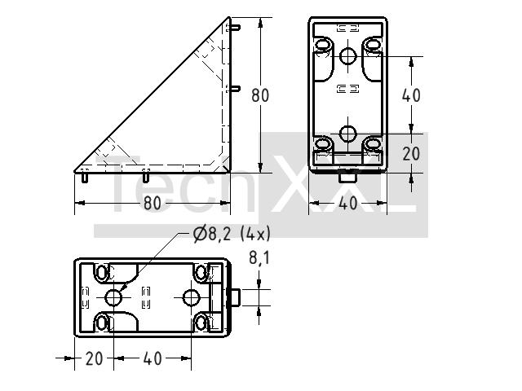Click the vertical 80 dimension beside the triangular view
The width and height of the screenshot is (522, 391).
260,95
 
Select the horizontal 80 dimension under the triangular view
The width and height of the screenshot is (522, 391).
153,203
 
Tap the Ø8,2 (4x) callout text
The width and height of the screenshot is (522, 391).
232,235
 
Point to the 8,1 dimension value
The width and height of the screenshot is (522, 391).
259,257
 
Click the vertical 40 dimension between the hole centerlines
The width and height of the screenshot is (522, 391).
411,95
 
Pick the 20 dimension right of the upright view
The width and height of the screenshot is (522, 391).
411,154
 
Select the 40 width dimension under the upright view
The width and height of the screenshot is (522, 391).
348,203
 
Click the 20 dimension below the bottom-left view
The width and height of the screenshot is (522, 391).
94,358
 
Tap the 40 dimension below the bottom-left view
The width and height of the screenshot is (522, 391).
153,358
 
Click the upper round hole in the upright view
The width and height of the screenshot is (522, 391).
348,56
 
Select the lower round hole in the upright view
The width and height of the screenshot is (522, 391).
348,134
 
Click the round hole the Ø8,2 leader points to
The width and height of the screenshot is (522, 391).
113,297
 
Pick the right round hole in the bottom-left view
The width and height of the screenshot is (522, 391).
192,297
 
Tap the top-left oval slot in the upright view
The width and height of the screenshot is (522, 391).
322,45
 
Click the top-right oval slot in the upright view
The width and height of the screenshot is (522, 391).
374,45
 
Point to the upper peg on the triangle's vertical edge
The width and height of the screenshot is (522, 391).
236,28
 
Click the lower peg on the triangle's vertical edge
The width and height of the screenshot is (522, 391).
236,89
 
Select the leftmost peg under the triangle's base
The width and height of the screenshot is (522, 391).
85,178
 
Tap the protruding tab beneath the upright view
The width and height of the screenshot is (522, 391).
348,176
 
